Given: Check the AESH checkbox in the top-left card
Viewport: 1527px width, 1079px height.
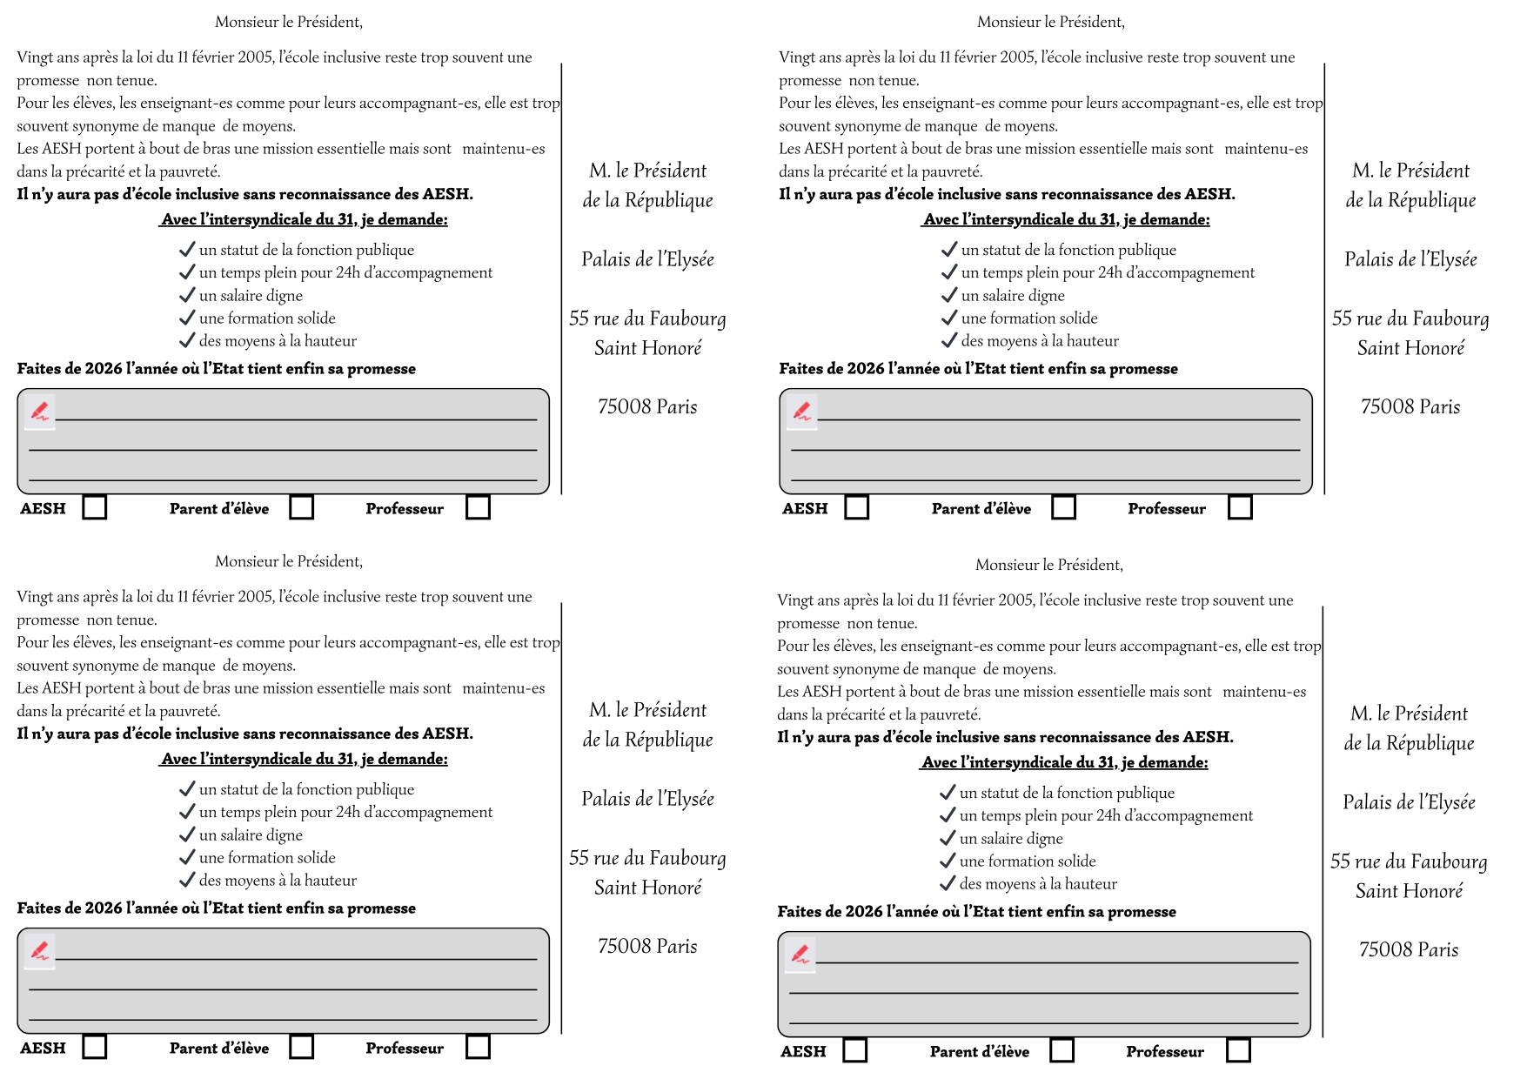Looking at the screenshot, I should point(95,507).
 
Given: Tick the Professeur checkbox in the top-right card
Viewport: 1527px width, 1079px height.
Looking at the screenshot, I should point(1240,507).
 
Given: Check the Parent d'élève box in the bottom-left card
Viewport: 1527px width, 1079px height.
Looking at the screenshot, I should point(302,1047).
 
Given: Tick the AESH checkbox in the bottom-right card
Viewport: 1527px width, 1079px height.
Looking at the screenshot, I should point(855,1050).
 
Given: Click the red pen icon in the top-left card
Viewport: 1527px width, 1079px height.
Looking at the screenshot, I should point(40,411).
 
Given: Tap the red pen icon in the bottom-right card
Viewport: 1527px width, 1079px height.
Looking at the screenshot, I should point(800,954).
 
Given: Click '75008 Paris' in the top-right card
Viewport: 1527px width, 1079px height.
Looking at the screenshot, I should point(1410,407).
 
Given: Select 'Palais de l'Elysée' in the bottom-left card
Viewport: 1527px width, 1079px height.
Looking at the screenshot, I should point(647,799).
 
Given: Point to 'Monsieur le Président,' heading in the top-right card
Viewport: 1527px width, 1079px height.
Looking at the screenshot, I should point(1050,22).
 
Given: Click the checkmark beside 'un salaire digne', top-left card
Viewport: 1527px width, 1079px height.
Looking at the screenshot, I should point(187,295).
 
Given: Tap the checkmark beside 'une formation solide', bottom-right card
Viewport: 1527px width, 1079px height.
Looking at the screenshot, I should point(948,861).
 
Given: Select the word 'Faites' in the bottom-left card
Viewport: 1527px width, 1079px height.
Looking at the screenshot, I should point(39,908).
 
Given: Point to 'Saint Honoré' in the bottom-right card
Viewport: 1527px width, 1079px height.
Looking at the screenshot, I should point(1409,891).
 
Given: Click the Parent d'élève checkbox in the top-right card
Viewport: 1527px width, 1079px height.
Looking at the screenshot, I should point(1064,507).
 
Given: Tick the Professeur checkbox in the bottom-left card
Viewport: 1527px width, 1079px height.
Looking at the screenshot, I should point(478,1047).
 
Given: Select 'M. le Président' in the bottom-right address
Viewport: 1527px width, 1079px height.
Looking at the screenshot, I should point(1409,714).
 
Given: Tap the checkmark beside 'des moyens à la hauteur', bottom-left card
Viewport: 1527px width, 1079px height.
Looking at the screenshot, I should point(187,880).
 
